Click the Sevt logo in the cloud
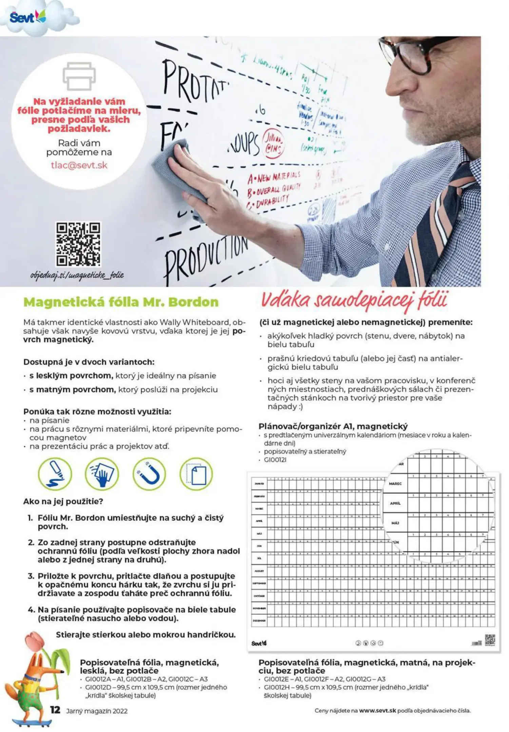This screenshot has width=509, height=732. [27, 17]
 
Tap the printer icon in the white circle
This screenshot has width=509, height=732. [79, 76]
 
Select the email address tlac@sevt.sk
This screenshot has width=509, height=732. [79, 165]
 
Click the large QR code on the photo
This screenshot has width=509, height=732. [78, 244]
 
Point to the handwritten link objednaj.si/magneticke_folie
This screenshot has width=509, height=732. [77, 275]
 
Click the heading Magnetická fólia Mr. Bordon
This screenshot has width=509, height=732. [121, 302]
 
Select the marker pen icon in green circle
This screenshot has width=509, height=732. [55, 474]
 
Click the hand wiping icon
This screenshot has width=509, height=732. [102, 474]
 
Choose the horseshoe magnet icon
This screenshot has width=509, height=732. [149, 474]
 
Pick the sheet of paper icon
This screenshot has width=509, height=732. [196, 474]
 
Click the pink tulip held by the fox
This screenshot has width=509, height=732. [34, 639]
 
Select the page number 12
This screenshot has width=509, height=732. [55, 710]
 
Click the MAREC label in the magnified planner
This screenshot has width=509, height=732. [395, 484]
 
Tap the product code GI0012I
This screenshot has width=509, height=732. [275, 460]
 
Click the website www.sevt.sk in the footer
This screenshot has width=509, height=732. [377, 711]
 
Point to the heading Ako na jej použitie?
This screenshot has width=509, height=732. [63, 501]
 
